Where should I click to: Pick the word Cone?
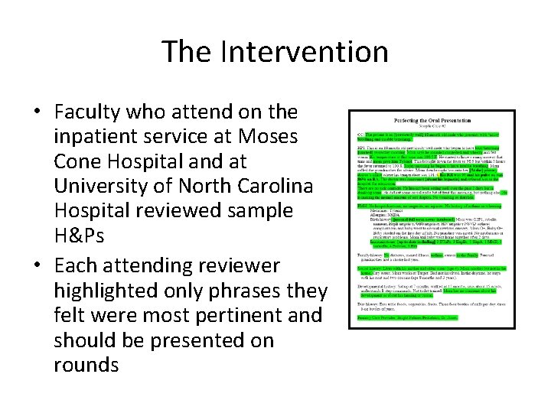(x=78, y=163)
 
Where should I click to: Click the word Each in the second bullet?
(x=76, y=265)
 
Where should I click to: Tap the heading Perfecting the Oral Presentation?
(x=431, y=121)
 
